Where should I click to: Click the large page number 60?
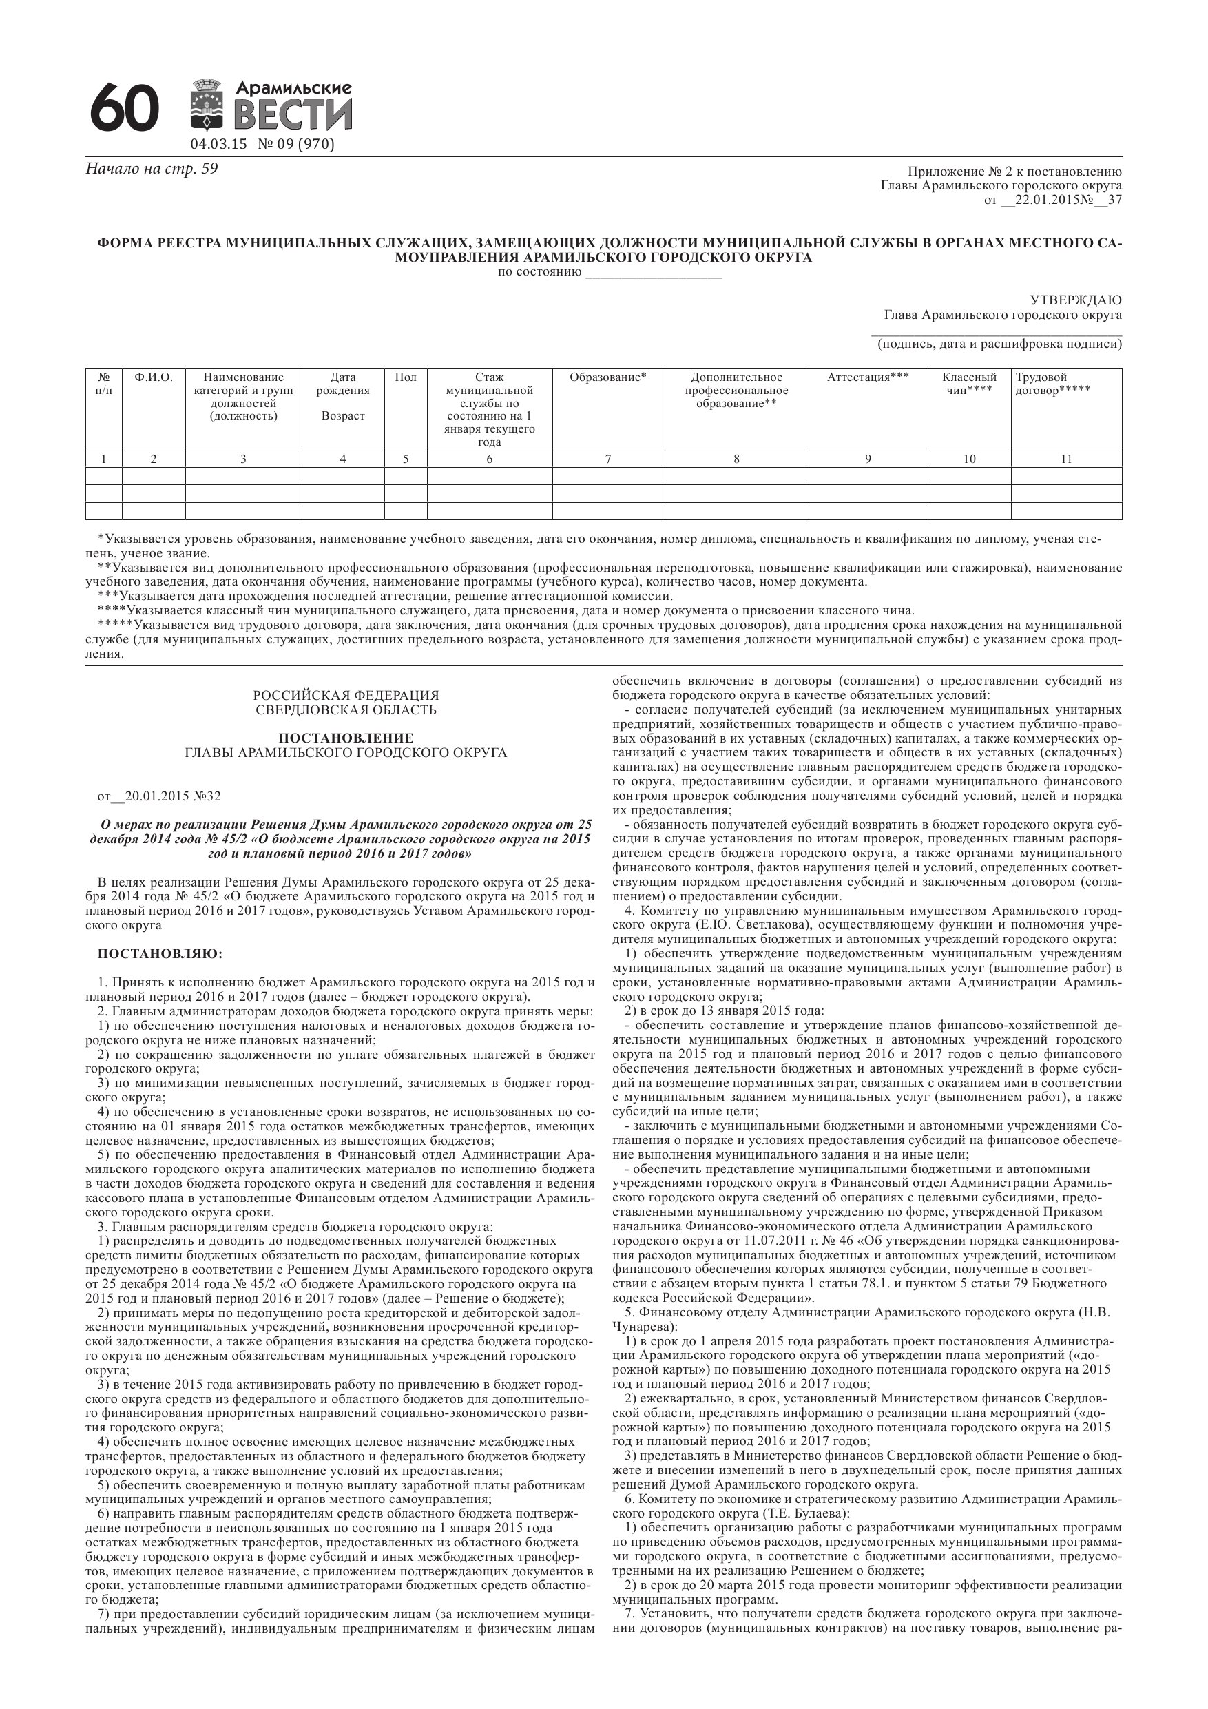point(124,109)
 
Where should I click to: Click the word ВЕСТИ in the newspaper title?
point(293,116)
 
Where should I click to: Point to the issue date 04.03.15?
point(218,145)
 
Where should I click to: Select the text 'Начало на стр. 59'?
point(152,169)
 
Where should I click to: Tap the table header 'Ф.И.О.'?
point(154,377)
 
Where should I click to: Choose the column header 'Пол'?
point(406,377)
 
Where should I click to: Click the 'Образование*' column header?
point(608,377)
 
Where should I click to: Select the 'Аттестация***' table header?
point(868,377)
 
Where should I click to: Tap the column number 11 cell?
point(1066,459)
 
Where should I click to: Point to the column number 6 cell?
point(489,459)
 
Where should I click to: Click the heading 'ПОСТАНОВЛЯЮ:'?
point(160,954)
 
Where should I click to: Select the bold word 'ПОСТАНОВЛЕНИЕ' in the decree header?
point(346,738)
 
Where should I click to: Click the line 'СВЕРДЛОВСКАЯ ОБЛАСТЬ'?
point(346,710)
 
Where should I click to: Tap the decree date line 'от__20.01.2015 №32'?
point(159,796)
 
